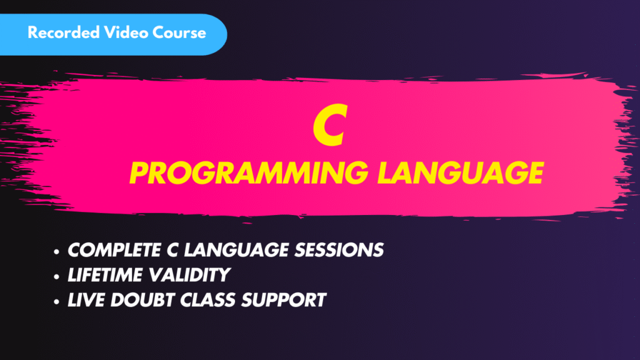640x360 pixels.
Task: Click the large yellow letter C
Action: [328, 127]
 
